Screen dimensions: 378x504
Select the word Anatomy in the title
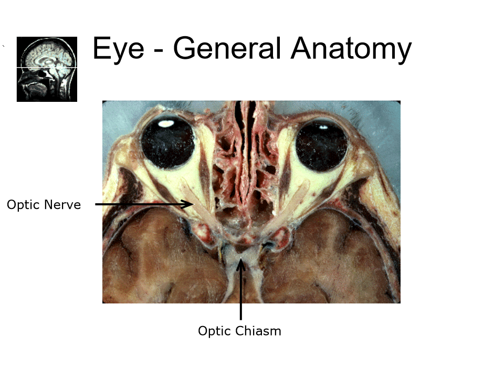coord(351,49)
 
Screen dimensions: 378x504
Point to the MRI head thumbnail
coord(47,69)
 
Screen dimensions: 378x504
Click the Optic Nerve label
coord(44,204)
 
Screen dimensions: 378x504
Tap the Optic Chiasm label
coord(239,331)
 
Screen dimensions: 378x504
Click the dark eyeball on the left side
coord(169,142)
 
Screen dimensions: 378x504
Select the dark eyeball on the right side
coord(321,144)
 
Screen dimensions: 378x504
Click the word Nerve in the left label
coord(63,204)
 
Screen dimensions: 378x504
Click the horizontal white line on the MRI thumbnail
coord(47,68)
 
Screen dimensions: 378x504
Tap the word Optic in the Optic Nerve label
coord(24,205)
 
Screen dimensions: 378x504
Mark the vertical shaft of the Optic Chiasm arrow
coord(241,294)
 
